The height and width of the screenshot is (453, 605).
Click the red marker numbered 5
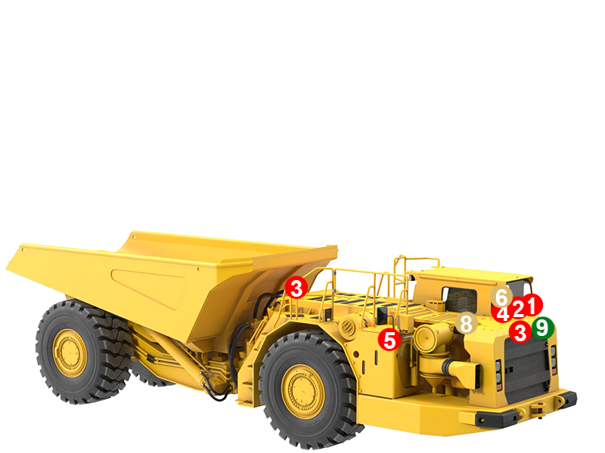coord(389,339)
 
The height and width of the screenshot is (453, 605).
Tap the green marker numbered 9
coord(542,328)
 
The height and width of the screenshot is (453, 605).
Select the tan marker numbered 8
coord(466,323)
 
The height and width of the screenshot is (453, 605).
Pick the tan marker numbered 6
coord(501,297)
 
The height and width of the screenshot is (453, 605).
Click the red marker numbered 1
coord(532,305)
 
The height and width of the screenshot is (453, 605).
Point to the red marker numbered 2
coord(518,307)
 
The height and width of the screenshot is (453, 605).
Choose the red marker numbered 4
coord(502,312)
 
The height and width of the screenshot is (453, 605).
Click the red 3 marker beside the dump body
coord(296,288)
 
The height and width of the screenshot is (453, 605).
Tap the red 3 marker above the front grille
coord(520,331)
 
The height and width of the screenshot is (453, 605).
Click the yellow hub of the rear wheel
coord(70,353)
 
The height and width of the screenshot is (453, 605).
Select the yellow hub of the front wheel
coord(302,392)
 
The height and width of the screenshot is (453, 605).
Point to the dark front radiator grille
coord(526,371)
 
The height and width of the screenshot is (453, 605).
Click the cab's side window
coord(459,299)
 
